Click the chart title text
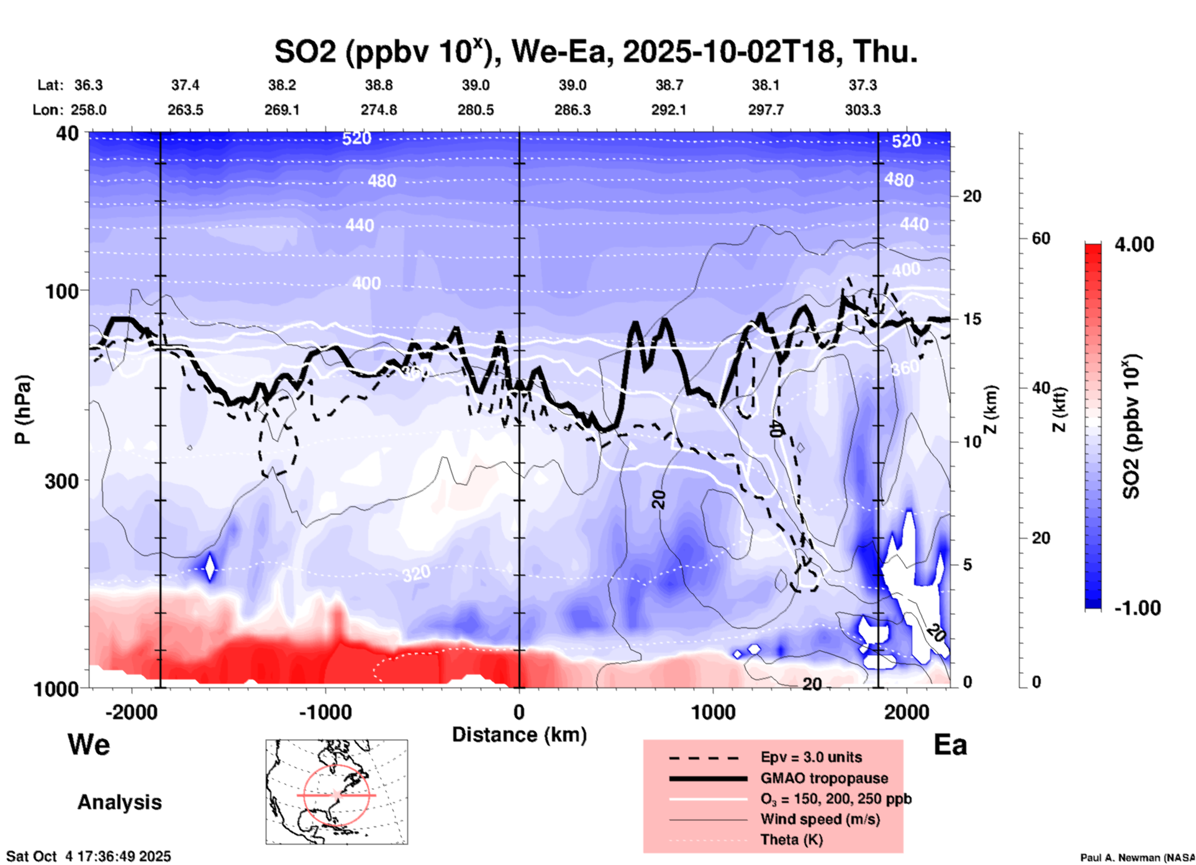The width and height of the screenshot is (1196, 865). (596, 52)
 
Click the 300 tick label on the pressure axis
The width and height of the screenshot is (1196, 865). (61, 481)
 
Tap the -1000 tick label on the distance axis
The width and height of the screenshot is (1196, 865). (325, 712)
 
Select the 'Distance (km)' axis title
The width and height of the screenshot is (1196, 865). (519, 735)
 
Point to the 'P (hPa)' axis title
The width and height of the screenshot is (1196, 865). (23, 410)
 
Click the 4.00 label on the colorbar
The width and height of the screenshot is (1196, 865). (1134, 244)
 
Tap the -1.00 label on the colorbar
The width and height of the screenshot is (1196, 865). (1136, 608)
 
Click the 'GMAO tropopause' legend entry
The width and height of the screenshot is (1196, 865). (824, 778)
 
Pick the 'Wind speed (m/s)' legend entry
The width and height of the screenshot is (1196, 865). (820, 819)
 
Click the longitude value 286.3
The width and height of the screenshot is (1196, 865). (572, 110)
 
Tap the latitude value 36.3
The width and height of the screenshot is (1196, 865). (88, 85)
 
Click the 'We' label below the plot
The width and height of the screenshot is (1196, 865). (89, 745)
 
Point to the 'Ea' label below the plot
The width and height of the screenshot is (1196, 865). (950, 745)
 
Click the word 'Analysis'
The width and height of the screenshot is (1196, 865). (119, 802)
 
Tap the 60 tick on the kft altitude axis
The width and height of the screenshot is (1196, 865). (1041, 238)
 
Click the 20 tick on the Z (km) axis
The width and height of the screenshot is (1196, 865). (972, 196)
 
